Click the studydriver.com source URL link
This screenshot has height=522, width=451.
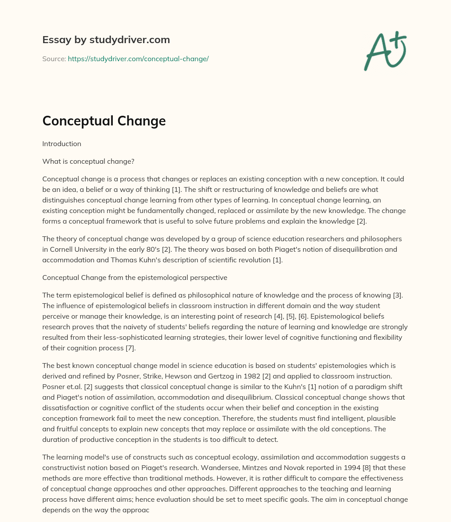[138, 59]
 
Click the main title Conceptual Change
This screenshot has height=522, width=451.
[104, 121]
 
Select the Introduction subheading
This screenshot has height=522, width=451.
[62, 144]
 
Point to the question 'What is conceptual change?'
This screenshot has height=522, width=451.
[88, 162]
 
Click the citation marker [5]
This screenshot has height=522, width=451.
[333, 316]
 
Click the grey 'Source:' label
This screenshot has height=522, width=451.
[54, 59]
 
